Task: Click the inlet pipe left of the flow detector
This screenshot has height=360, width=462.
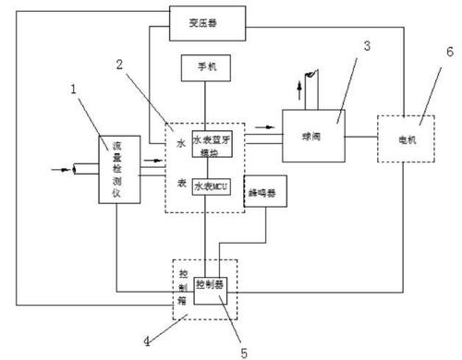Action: click(87, 170)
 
